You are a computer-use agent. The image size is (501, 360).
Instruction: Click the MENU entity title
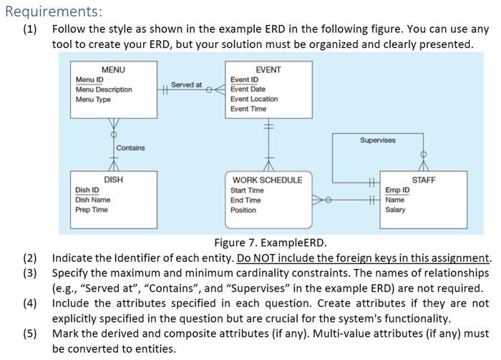point(113,69)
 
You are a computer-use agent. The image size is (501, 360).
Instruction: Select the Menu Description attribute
point(104,89)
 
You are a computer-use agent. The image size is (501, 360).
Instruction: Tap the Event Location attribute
point(254,99)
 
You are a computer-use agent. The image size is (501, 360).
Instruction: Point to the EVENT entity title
point(268,69)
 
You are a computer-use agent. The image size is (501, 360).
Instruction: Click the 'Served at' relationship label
point(187,84)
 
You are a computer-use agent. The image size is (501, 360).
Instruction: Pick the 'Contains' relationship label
point(130,148)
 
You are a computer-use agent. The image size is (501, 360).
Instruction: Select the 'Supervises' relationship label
point(378,140)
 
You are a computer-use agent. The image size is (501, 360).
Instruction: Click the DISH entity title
point(113,180)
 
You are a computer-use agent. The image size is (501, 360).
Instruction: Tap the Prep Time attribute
point(92,210)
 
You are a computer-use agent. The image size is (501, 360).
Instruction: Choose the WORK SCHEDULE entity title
point(268,180)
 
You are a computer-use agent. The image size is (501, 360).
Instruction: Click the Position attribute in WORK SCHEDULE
point(243,210)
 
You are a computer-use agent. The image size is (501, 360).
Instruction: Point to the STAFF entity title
point(424,180)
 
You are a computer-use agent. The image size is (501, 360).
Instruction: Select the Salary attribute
point(395,210)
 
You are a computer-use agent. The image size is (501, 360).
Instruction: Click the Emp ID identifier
point(397,190)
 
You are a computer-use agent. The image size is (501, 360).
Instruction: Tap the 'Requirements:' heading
point(54,11)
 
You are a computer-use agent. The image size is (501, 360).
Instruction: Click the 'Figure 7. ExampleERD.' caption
point(271,243)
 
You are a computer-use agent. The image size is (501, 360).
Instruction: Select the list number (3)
point(30,273)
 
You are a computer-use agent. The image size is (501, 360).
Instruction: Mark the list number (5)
point(30,334)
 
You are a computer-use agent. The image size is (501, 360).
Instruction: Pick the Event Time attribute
point(248,109)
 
